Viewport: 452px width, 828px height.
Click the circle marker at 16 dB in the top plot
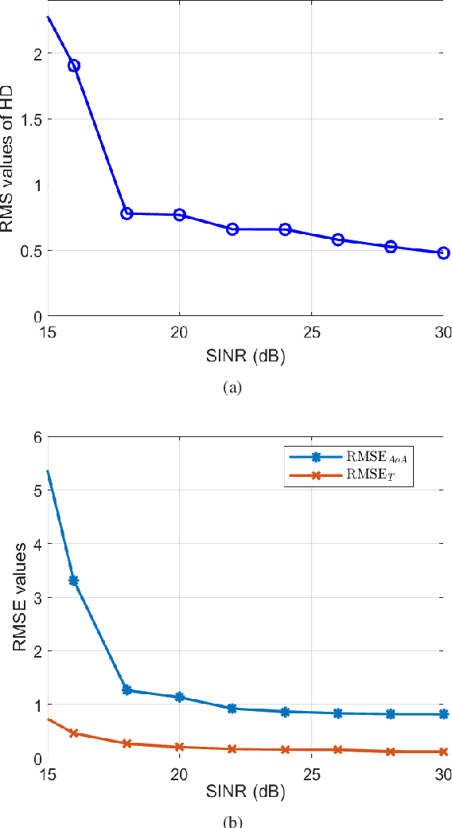tap(74, 65)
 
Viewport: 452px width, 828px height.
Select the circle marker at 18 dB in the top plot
tap(127, 213)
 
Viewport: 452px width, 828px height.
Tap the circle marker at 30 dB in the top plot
tap(443, 253)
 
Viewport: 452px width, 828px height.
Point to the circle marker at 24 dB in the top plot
tap(285, 229)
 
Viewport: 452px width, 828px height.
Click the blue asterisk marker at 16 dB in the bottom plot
tap(74, 580)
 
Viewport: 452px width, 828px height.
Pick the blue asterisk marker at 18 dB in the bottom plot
tap(127, 689)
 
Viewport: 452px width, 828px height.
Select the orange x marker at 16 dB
tap(74, 732)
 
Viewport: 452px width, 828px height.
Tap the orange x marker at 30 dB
tap(443, 752)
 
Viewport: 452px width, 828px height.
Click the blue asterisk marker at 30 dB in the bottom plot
tap(443, 714)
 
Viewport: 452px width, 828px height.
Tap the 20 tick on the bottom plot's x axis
tap(179, 773)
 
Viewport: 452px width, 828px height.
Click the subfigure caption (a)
tap(232, 388)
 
